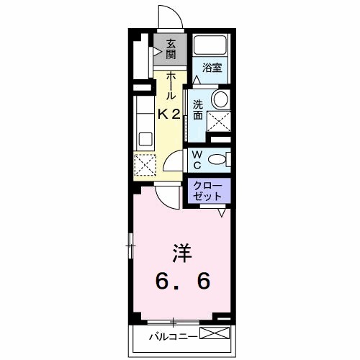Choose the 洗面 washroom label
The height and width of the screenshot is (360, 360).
pyautogui.click(x=197, y=108)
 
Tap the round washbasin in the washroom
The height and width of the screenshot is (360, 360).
pyautogui.click(x=220, y=99)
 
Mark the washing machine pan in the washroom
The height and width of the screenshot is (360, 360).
pyautogui.click(x=219, y=122)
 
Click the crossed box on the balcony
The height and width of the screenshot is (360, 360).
pyautogui.click(x=216, y=334)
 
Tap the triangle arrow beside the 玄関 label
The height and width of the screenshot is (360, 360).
pyautogui.click(x=157, y=52)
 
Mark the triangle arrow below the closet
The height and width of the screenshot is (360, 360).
pyautogui.click(x=222, y=212)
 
